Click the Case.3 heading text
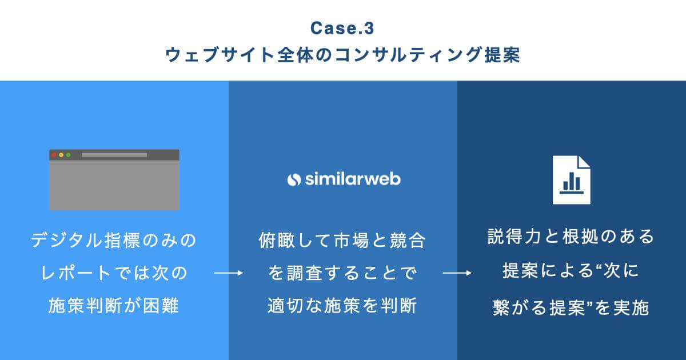[343, 27]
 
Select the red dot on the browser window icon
[54, 155]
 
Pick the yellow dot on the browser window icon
[61, 155]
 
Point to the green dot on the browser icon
[68, 155]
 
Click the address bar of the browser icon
[114, 155]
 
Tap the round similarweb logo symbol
[294, 179]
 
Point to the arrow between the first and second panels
[229, 274]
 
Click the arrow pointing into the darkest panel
[457, 274]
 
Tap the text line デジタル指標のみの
[114, 240]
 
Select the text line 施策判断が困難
[114, 306]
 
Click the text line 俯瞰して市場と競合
[342, 240]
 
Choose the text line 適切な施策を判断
[342, 306]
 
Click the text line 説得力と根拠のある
[571, 237]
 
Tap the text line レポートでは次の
[114, 273]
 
